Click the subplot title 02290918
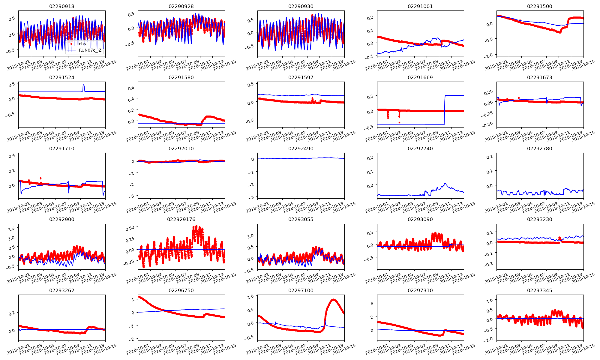(62, 6)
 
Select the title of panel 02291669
(420, 77)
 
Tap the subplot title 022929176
(181, 219)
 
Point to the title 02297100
(301, 290)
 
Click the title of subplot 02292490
(301, 148)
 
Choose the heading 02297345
(539, 290)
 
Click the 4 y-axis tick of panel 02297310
(372, 303)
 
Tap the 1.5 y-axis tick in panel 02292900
(11, 229)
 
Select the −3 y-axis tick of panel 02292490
(251, 197)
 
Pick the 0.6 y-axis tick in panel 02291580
(131, 88)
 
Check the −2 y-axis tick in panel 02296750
(132, 339)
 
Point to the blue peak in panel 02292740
(445, 183)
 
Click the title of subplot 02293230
(539, 219)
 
